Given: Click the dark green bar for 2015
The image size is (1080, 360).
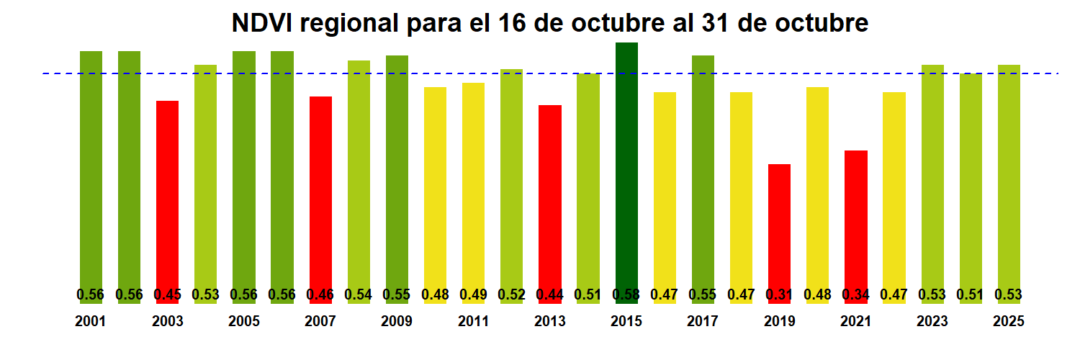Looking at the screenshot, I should tap(626, 166).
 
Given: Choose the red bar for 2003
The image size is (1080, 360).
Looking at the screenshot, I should tap(167, 194).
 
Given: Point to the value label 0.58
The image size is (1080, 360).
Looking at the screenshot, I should tap(626, 294).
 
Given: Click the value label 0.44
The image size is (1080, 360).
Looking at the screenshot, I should tap(550, 294).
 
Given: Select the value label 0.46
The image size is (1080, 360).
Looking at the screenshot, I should tap(320, 294).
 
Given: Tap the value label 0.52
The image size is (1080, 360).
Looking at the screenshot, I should tap(511, 294).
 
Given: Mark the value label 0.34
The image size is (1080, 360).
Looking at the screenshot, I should tap(855, 294).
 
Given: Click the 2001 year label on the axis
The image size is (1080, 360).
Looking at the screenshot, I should tap(91, 322).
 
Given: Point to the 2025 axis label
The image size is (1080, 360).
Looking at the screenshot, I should tap(1008, 322).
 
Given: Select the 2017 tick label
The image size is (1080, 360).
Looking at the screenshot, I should tap(703, 322).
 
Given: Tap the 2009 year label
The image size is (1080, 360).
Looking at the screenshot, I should tap(397, 322).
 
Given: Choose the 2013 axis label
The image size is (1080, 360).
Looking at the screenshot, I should tap(550, 322).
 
